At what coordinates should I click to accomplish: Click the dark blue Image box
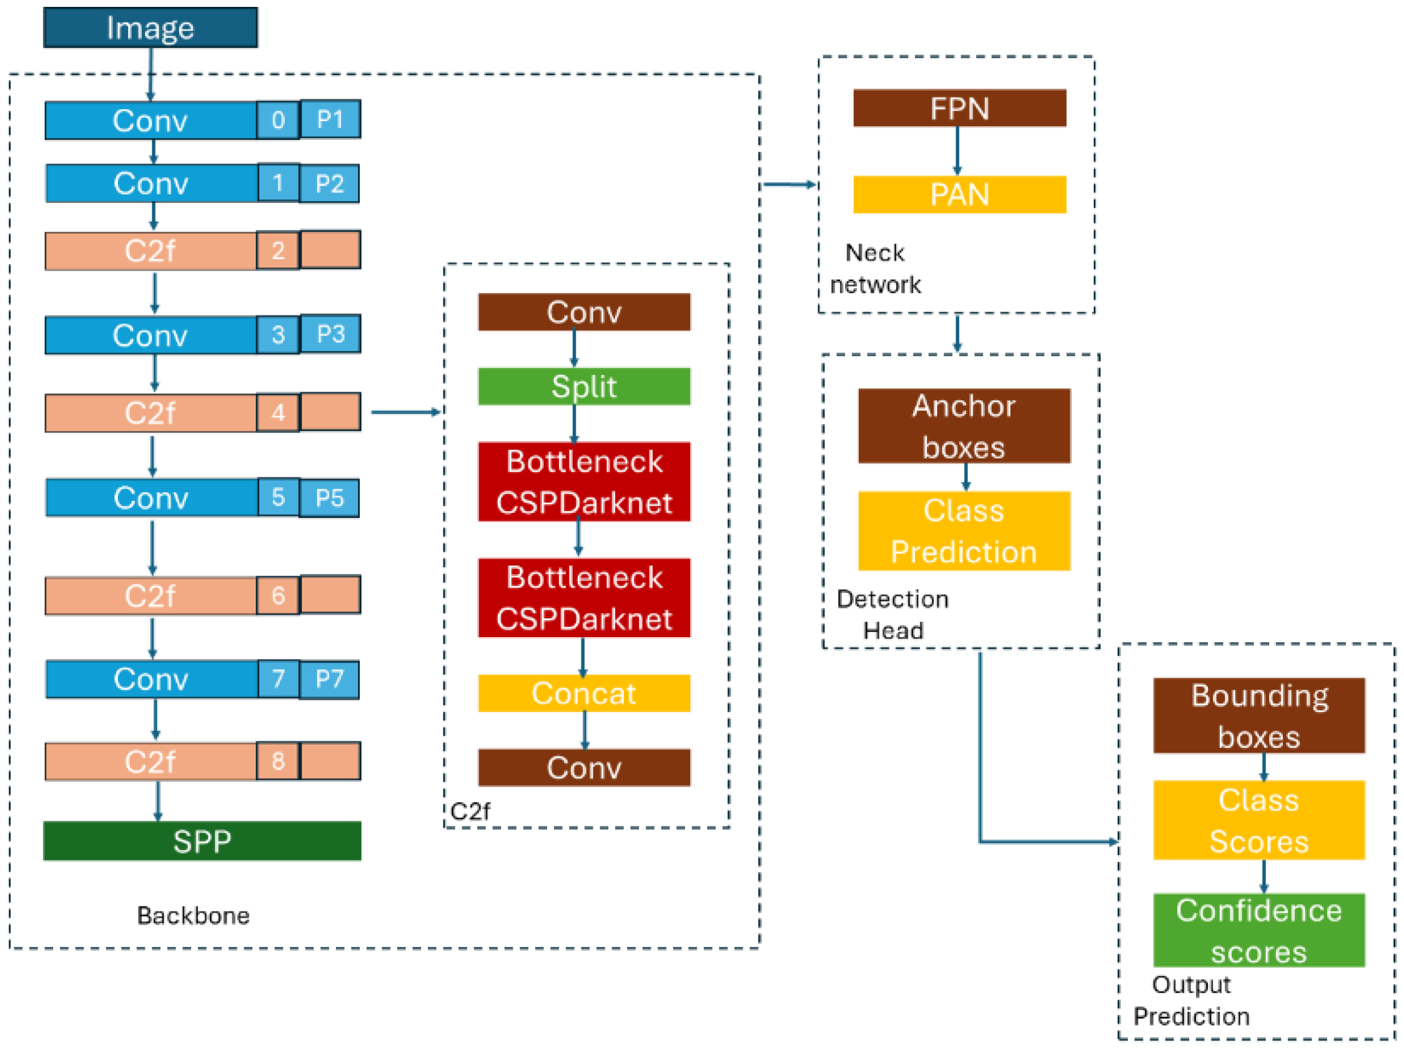(x=151, y=28)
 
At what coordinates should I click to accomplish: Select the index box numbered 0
(x=278, y=120)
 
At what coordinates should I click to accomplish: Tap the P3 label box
(x=330, y=334)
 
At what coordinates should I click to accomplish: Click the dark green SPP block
(x=202, y=841)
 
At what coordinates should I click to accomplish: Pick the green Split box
(x=584, y=387)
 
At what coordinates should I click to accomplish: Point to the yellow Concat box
(x=584, y=693)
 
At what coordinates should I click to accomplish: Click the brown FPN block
(x=959, y=109)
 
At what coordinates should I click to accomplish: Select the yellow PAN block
(x=959, y=194)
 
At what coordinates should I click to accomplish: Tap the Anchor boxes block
(x=964, y=426)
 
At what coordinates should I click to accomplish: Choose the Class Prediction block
(x=964, y=531)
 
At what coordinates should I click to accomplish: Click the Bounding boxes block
(x=1258, y=715)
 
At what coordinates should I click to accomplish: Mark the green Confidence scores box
(x=1258, y=930)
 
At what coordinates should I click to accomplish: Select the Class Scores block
(x=1258, y=820)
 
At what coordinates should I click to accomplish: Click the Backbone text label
(x=194, y=916)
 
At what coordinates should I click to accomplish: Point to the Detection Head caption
(x=892, y=615)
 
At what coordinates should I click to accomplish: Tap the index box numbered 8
(x=278, y=761)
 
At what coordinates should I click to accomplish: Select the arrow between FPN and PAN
(x=957, y=151)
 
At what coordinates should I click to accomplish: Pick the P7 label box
(x=329, y=679)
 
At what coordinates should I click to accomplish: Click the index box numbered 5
(x=278, y=497)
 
